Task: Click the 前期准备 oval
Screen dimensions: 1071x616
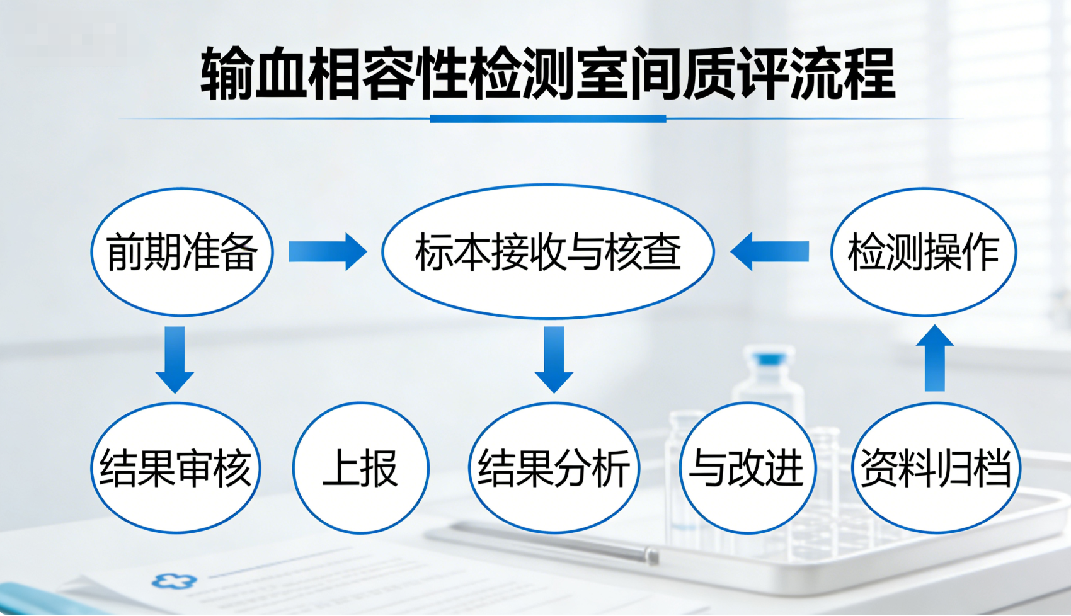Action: pos(182,252)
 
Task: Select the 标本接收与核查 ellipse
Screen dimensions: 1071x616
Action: pos(548,251)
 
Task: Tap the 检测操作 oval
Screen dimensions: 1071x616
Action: pos(924,252)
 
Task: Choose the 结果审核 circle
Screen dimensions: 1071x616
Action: pos(176,468)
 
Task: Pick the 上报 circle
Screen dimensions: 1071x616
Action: pos(361,468)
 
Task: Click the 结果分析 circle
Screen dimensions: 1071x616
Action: pos(554,468)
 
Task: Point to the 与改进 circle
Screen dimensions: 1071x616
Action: pos(747,468)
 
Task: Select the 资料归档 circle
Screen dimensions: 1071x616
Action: pos(936,468)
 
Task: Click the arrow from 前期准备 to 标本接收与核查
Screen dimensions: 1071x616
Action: pos(328,252)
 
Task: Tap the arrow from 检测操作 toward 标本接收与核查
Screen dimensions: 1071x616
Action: pos(770,252)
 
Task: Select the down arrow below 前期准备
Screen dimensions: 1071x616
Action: pos(175,360)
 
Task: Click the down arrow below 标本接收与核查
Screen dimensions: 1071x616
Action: pos(554,360)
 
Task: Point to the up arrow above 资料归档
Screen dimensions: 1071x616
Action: pos(935,358)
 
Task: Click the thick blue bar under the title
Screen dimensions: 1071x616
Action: pos(548,118)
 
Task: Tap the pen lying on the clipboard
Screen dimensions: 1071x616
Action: pos(554,542)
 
